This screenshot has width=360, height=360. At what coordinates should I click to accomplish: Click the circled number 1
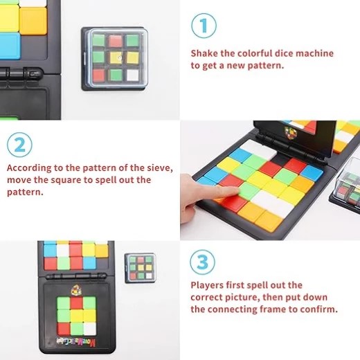point(204,26)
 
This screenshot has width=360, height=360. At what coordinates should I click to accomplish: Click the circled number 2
point(19,145)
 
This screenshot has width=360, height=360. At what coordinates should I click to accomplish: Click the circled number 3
point(202,262)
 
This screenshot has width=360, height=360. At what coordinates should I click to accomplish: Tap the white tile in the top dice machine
point(132,75)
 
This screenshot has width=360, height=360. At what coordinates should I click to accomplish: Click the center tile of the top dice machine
point(116,58)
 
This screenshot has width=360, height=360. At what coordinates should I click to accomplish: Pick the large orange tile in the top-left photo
point(33,21)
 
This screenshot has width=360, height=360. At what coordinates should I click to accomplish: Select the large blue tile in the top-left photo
point(10,46)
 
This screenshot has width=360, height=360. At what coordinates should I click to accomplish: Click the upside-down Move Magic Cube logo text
point(76,342)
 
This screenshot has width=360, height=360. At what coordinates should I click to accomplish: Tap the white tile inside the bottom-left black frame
point(89,329)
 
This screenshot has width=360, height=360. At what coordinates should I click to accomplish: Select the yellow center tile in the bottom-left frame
point(77,316)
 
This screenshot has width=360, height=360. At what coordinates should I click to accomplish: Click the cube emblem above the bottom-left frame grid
point(76,290)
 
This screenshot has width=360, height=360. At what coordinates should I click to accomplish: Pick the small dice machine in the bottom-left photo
point(140,268)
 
